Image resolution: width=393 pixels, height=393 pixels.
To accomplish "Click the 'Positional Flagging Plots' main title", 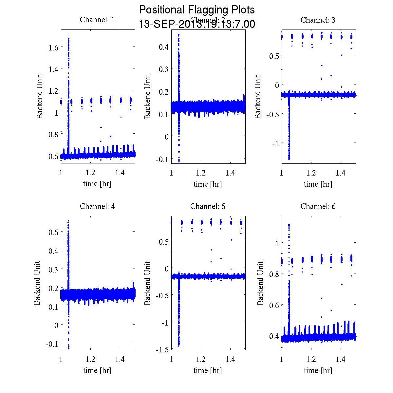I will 197,10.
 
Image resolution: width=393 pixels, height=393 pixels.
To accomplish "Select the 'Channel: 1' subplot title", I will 97,20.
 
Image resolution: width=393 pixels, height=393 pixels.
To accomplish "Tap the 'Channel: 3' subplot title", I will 318,20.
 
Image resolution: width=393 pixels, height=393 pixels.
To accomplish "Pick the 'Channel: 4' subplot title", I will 97,206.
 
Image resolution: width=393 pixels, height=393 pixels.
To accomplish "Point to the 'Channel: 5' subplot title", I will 208,206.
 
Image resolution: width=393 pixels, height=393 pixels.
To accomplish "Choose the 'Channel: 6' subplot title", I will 318,206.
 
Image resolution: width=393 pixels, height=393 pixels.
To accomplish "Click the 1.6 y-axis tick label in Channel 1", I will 53,47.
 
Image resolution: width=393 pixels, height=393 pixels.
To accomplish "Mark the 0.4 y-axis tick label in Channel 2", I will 163,47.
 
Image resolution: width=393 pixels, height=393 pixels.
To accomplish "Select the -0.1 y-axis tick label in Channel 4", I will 52,344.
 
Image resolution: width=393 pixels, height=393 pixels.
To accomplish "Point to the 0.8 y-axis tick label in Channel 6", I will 274,274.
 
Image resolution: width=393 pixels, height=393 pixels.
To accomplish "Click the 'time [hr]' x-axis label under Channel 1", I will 97,184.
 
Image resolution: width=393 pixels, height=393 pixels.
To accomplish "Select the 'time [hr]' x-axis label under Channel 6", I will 318,370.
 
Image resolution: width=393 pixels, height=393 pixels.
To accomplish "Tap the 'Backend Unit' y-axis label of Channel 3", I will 258,97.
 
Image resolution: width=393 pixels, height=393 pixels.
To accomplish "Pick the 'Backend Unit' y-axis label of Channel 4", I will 37,283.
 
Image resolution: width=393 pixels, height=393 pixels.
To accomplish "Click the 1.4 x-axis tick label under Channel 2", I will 231,173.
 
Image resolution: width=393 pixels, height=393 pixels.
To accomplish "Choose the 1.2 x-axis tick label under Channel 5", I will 201,359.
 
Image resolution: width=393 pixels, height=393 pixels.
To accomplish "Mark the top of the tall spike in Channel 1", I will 68,39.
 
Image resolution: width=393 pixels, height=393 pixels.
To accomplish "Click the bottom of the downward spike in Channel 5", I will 179,345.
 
